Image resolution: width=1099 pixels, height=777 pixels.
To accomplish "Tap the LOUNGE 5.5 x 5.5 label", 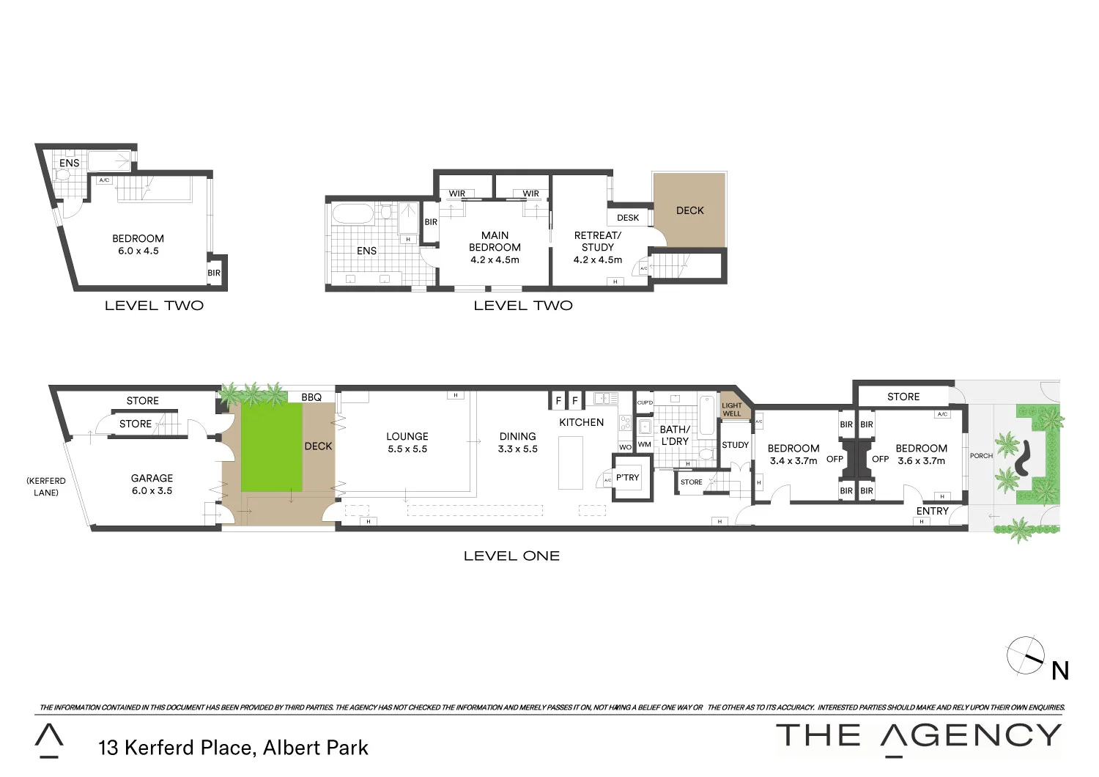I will (407, 442).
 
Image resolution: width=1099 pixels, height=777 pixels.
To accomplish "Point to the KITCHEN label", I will (581, 422).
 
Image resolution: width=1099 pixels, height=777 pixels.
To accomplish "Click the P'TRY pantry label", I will (627, 477).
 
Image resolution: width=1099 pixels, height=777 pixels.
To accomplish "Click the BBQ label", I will (311, 397).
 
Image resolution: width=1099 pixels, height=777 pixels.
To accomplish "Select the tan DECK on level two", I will (689, 210).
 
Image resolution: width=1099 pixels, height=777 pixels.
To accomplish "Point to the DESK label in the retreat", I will (628, 218).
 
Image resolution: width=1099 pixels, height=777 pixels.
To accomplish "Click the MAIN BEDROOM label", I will (495, 247).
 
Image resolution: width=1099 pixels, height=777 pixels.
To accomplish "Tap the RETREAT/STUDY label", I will (597, 247).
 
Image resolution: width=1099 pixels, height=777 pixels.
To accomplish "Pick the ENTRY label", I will (932, 511).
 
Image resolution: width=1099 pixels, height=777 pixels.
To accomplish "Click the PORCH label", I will (981, 456).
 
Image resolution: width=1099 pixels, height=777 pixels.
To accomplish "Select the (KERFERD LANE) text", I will (46, 487).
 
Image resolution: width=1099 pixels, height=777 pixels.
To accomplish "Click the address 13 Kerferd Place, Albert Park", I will (233, 748).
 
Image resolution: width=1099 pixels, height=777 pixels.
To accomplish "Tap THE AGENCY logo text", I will (919, 735).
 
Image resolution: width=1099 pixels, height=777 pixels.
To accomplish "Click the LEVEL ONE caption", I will (511, 556).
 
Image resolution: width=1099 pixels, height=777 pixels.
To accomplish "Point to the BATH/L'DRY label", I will (674, 435).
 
